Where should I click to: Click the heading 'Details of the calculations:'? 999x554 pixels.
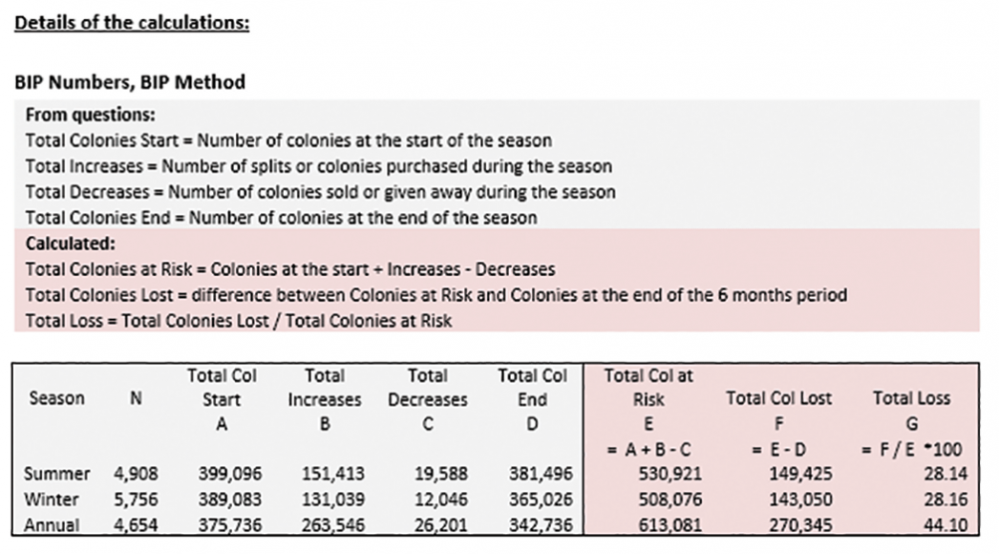(x=132, y=22)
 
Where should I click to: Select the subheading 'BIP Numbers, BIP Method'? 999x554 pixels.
(x=130, y=82)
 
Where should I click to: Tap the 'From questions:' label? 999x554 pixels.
(x=91, y=115)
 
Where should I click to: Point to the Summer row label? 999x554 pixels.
(x=57, y=474)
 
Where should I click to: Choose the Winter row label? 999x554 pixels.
(x=53, y=499)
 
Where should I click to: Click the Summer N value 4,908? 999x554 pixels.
(x=137, y=474)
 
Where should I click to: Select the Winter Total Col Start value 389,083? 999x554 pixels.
(x=230, y=499)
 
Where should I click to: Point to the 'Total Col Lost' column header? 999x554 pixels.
(x=778, y=398)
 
